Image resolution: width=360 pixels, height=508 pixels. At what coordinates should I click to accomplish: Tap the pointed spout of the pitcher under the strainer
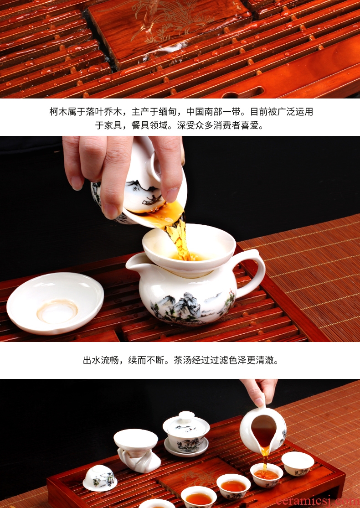pyautogui.click(x=129, y=263)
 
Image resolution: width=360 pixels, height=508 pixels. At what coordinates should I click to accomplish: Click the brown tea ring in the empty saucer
pyautogui.click(x=57, y=311)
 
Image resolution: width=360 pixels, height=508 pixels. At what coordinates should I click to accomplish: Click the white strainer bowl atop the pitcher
pyautogui.click(x=189, y=246)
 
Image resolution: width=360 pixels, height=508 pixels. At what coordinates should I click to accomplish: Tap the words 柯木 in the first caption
pyautogui.click(x=58, y=112)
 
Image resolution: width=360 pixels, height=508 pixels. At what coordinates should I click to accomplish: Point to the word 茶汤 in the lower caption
pyautogui.click(x=183, y=360)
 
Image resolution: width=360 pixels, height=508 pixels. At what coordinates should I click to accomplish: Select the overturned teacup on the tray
pyautogui.click(x=100, y=478)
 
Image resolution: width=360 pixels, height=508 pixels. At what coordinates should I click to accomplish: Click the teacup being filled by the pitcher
pyautogui.click(x=267, y=475)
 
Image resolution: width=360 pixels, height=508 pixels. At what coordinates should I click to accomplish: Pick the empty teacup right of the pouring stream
pyautogui.click(x=298, y=464)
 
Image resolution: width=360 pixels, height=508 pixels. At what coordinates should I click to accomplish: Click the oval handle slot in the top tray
pyautogui.click(x=243, y=92)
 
